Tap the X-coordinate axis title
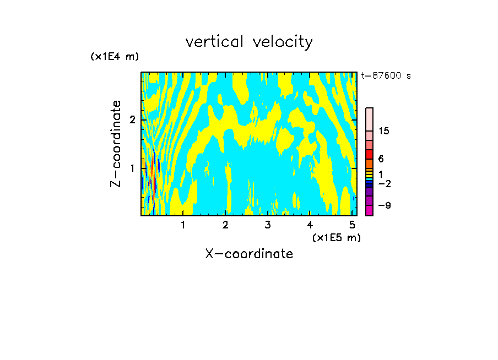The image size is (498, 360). (x=249, y=254)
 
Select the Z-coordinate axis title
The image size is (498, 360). (x=116, y=144)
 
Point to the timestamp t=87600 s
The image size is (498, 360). (x=386, y=76)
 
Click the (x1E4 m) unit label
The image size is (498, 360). (x=115, y=57)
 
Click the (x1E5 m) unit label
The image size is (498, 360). (x=336, y=237)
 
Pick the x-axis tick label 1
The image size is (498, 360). (x=183, y=225)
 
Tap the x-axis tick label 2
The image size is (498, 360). (x=225, y=225)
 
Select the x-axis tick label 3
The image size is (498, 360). (x=268, y=225)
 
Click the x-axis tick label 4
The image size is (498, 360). (x=310, y=225)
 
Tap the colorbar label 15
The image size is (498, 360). (x=384, y=131)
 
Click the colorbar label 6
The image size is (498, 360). (x=381, y=159)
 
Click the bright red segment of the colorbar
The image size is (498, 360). (x=369, y=154)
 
